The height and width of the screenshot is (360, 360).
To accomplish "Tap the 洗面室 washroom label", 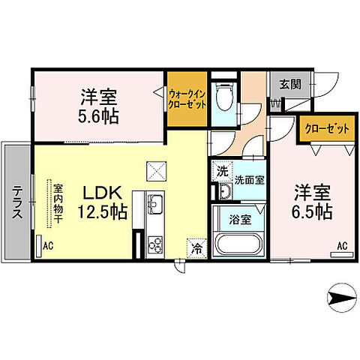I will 248,180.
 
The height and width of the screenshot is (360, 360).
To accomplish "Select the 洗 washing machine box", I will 222,172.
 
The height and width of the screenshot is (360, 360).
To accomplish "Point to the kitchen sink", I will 155,203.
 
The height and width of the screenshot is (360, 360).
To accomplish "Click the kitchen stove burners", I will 155,243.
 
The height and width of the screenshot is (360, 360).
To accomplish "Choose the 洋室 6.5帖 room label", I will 313,201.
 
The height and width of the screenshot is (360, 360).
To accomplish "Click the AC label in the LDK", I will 48,244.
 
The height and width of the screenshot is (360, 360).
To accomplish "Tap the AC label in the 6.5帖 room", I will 341,246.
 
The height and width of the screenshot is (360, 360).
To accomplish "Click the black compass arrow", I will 341,301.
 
